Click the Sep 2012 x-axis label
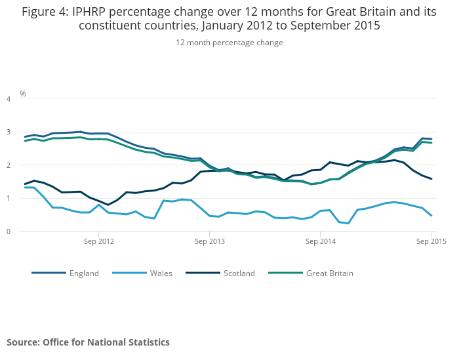coord(98,241)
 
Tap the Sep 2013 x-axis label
coord(209,241)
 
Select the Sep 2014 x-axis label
coord(320,241)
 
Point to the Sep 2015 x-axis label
coord(431,241)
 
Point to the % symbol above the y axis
coord(23,94)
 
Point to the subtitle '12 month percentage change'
coord(229,43)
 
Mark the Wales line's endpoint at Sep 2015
coord(431,215)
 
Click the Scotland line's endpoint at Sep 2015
coord(431,179)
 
